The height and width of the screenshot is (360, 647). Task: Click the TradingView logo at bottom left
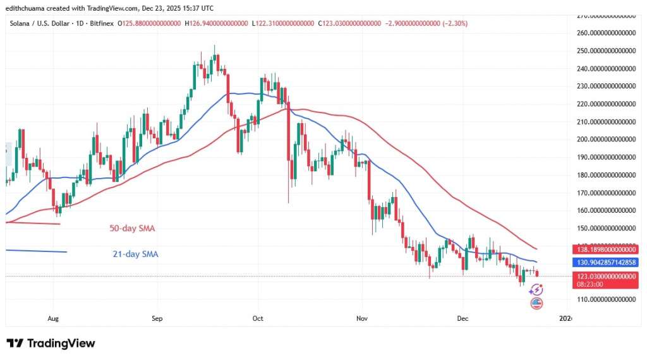(51, 343)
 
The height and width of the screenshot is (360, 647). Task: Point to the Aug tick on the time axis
(53, 318)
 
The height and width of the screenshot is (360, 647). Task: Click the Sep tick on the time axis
(157, 318)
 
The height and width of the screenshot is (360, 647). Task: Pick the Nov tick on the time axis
(361, 318)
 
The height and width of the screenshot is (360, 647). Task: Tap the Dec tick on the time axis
(462, 318)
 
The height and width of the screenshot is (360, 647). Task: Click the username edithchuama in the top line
(28, 8)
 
